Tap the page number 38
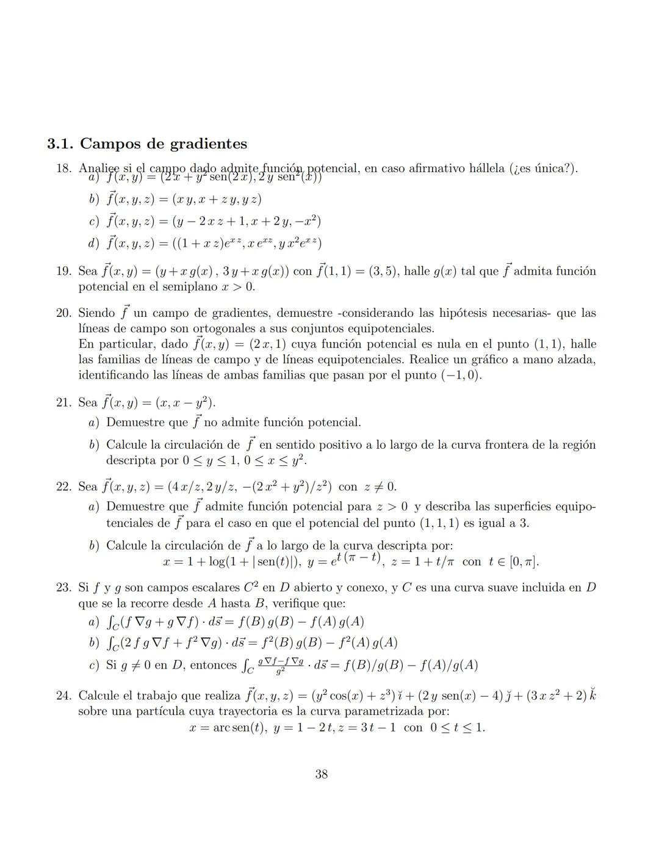tap(322, 774)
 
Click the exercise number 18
tap(63, 169)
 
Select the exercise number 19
tap(63, 271)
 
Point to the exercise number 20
tap(63, 313)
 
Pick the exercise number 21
tap(63, 403)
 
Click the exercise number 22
tap(63, 487)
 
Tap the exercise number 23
tap(63, 588)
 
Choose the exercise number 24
tap(63, 695)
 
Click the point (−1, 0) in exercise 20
tap(461, 376)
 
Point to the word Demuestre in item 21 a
tap(139, 423)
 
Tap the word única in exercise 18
tap(552, 169)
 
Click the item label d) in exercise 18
tap(93, 244)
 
